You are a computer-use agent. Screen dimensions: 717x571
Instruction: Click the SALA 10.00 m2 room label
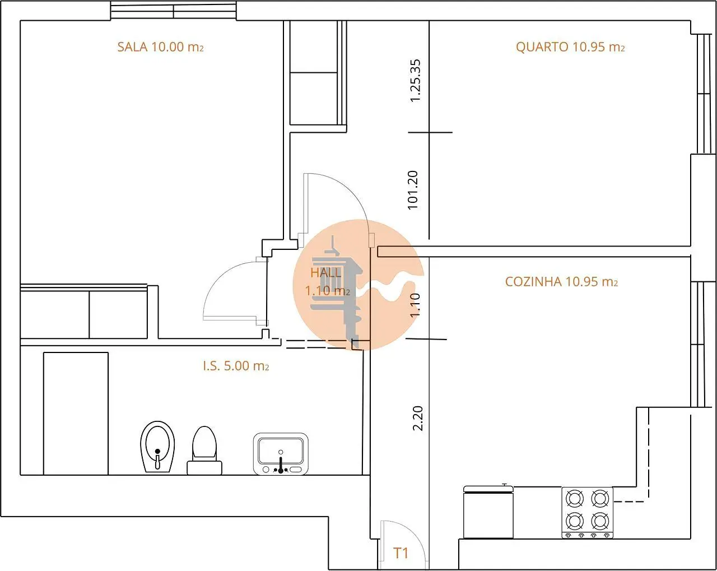(160, 47)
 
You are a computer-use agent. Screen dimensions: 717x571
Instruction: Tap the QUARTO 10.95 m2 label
(570, 47)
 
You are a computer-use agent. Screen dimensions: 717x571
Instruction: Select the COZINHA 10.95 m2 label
(561, 282)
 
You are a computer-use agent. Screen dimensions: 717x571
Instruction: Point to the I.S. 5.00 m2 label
(236, 366)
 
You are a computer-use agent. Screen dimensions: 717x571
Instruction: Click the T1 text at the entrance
(401, 553)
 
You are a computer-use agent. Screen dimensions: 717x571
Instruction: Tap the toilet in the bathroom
(204, 450)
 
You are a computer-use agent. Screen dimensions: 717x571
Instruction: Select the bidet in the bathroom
(157, 447)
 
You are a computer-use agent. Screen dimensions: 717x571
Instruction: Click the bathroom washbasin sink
(281, 454)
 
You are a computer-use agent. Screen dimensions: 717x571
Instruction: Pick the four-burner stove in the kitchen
(587, 513)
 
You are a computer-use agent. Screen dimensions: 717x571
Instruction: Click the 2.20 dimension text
(418, 419)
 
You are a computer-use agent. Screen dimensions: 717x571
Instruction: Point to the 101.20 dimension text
(412, 190)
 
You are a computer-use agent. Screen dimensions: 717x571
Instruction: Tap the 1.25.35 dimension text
(416, 81)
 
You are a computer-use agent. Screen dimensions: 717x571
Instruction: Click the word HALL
(326, 273)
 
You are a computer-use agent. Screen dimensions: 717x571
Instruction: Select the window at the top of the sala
(173, 11)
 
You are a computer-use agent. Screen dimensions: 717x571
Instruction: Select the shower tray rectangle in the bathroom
(76, 414)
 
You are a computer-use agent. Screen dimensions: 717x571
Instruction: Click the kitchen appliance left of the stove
(488, 512)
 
